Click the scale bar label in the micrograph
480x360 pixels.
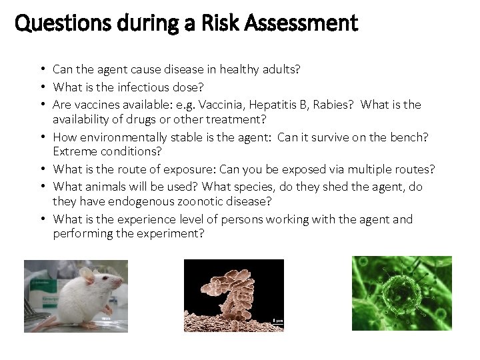(x=277, y=321)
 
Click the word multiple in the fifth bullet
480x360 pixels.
(x=367, y=169)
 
